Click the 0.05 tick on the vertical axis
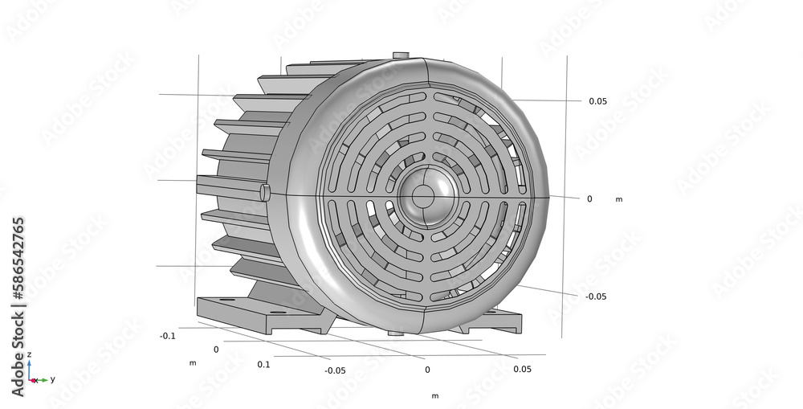click(597, 101)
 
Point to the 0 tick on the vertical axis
click(589, 198)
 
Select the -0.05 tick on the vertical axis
click(595, 297)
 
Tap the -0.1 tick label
click(167, 336)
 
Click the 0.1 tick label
click(264, 365)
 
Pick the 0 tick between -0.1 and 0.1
click(215, 350)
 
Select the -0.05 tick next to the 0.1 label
click(335, 370)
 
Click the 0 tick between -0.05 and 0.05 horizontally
click(427, 370)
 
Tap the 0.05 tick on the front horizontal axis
click(522, 369)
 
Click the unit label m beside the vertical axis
click(619, 199)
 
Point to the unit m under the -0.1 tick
click(192, 363)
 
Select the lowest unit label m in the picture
click(434, 395)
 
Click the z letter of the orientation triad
click(30, 354)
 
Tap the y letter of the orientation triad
click(52, 378)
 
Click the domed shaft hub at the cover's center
click(423, 195)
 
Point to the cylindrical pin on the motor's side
click(265, 191)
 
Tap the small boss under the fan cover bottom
click(396, 331)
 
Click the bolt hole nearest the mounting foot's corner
click(227, 301)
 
